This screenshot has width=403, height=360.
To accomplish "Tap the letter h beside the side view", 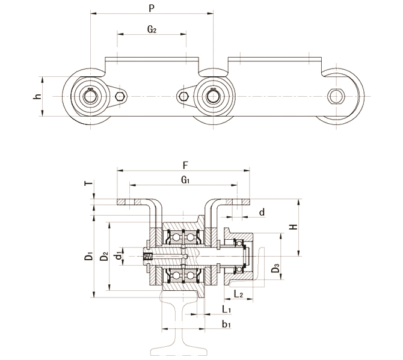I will (37, 96).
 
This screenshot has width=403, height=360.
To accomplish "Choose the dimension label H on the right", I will (292, 227).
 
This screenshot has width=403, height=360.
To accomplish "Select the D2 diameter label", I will (105, 257).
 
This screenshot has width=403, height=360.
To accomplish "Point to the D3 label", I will (275, 268).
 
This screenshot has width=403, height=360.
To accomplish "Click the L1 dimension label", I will (226, 309).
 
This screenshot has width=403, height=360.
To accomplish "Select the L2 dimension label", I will (238, 293).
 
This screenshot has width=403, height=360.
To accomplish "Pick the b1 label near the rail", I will (226, 325).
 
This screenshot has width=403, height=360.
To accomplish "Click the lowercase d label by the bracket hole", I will (261, 212).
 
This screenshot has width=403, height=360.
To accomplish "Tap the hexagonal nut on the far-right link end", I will (336, 96).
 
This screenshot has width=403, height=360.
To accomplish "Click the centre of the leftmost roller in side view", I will (90, 96).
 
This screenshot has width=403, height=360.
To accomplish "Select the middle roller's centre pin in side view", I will (213, 96).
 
